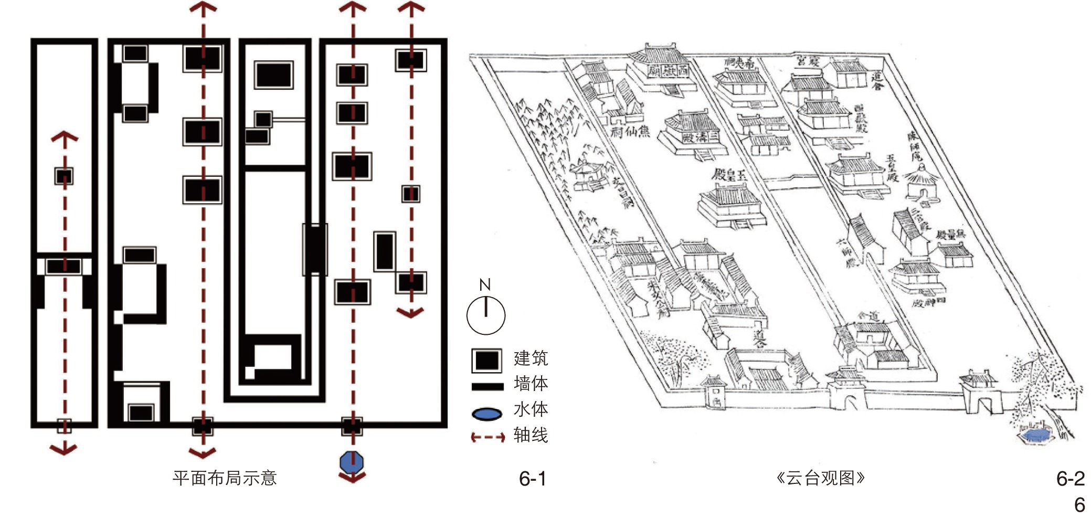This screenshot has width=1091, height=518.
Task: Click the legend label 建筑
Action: point(531,358)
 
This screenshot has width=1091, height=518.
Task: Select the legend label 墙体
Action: point(531,384)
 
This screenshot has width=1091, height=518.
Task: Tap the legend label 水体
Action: point(531,409)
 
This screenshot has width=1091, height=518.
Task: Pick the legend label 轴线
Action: point(531,435)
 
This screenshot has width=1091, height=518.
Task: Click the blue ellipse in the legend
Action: point(487,414)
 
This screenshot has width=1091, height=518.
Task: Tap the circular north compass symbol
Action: point(485,315)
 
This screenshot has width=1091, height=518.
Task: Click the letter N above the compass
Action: point(485,285)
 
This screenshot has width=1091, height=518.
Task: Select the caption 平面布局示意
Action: point(225,478)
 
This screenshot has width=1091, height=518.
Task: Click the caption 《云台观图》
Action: point(820,478)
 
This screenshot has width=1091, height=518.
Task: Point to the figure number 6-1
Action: point(533,479)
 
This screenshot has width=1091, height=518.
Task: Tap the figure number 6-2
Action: point(1070,479)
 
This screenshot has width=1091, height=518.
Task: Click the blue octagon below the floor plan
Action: point(352,462)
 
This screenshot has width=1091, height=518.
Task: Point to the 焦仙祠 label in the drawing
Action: point(630,131)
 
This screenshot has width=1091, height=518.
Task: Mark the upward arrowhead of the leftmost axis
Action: point(65,138)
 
